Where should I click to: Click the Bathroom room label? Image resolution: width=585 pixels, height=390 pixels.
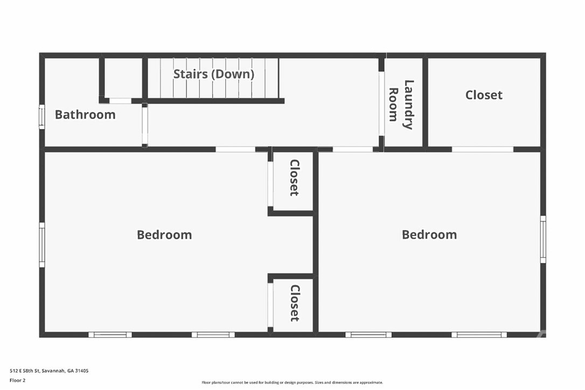(x=85, y=115)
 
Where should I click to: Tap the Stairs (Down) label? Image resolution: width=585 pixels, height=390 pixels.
(x=213, y=74)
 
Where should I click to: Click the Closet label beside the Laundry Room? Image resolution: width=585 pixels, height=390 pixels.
(x=484, y=95)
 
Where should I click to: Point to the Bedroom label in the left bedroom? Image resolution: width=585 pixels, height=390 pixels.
(x=164, y=235)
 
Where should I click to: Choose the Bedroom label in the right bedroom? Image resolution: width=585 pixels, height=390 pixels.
(x=429, y=235)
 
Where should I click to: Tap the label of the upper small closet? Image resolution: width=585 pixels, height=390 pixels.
(x=294, y=178)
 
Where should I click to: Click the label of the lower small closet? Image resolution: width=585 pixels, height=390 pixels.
(x=294, y=303)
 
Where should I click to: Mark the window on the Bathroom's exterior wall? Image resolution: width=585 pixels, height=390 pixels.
(x=41, y=117)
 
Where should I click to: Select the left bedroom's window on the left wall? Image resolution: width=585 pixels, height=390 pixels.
(x=41, y=245)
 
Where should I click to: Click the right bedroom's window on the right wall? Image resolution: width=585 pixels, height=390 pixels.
(x=543, y=239)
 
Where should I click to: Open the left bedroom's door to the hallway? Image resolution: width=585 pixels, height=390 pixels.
(x=235, y=149)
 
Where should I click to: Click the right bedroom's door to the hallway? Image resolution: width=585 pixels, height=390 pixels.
(x=352, y=149)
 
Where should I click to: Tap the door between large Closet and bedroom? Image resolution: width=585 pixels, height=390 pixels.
(x=482, y=149)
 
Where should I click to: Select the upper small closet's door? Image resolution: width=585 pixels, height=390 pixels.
(x=270, y=184)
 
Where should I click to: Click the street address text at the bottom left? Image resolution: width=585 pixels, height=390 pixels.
(x=49, y=371)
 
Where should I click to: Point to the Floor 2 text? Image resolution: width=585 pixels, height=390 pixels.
(x=17, y=380)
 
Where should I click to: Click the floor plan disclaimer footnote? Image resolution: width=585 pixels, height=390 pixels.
(x=292, y=382)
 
